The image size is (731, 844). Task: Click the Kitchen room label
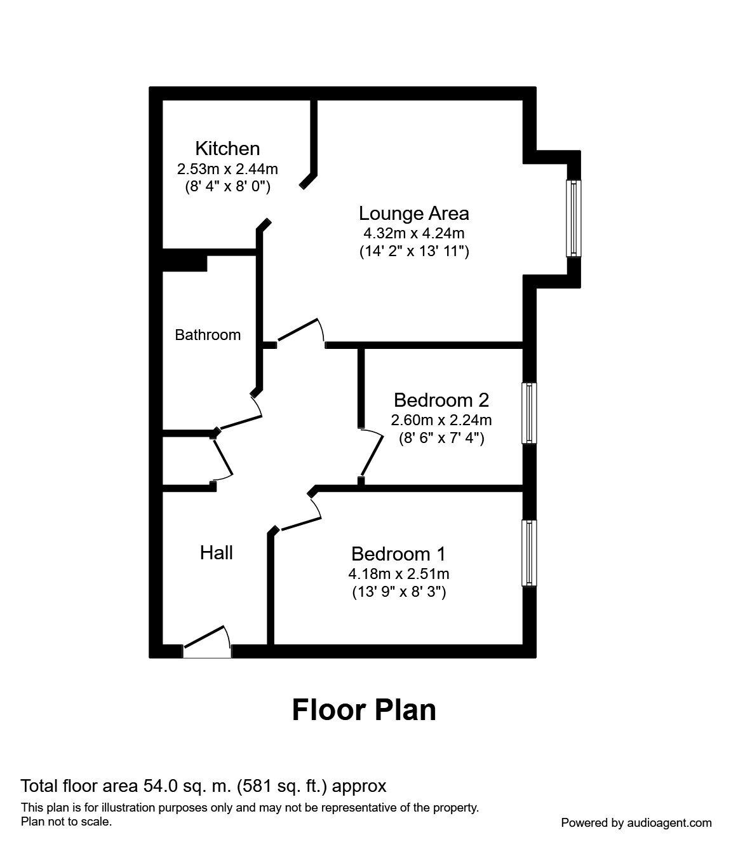227,148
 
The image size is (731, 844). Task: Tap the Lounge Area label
413,213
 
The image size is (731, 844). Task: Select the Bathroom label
208,335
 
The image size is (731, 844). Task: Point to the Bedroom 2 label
441,400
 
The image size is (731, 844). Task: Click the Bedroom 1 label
398,554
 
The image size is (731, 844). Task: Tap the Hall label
216,552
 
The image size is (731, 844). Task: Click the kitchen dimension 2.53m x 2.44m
227,169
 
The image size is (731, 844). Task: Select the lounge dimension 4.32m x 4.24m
413,233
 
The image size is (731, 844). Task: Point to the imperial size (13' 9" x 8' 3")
399,592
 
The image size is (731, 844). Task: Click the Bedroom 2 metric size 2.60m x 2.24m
441,420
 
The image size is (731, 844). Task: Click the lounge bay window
573,218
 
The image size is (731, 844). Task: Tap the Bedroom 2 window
529,412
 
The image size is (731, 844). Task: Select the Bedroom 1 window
529,553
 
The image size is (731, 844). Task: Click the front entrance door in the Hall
207,642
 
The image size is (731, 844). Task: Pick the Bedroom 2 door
371,453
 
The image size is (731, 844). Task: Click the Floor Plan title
364,710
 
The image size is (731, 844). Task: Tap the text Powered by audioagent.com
636,823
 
